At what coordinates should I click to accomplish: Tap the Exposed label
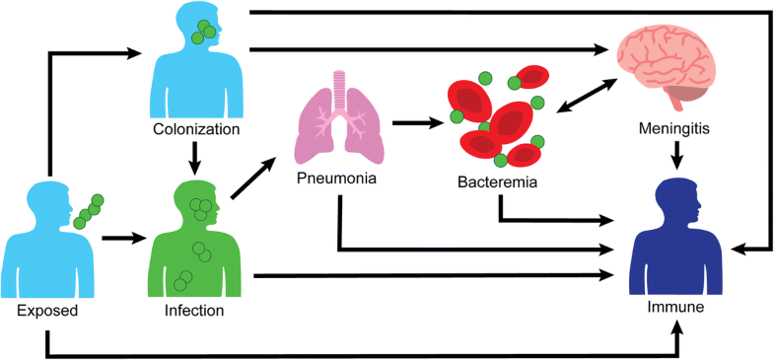point(47,311)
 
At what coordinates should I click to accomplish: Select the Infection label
point(195,311)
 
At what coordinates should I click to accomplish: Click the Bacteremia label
point(500,182)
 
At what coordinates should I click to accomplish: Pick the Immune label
point(676,308)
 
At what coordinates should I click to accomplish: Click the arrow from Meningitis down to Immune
point(676,154)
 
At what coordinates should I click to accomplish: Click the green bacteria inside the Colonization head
point(205,31)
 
